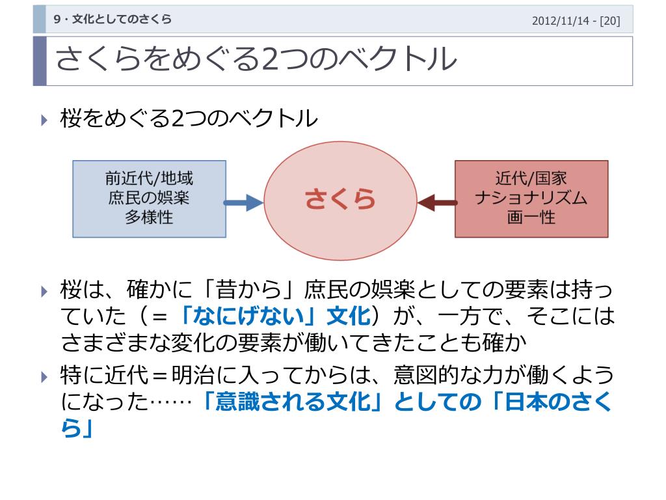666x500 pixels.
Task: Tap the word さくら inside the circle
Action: point(341,200)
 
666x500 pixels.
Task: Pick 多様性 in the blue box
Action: point(149,217)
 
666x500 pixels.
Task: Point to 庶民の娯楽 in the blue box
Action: point(149,198)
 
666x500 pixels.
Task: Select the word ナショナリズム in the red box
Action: point(531,198)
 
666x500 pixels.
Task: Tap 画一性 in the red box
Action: point(531,217)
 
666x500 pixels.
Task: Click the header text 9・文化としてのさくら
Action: point(113,20)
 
